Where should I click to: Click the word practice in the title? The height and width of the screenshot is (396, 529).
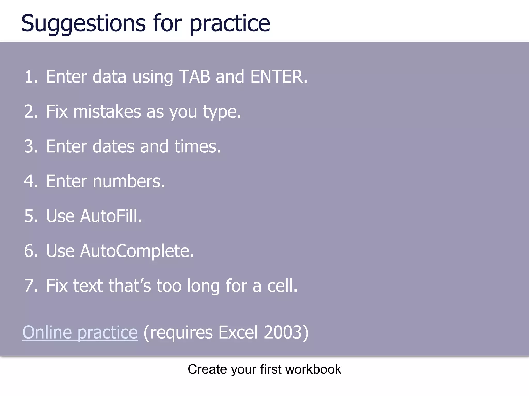pyautogui.click(x=230, y=24)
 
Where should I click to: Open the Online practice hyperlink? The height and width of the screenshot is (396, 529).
pyautogui.click(x=80, y=332)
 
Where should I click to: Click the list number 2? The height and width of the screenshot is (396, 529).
pyautogui.click(x=30, y=112)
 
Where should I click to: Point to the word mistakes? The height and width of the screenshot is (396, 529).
pyautogui.click(x=107, y=112)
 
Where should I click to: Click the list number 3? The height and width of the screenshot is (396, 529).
pyautogui.click(x=30, y=146)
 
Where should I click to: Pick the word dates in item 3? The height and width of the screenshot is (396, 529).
pyautogui.click(x=113, y=146)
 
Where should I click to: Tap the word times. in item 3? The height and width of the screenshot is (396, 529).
pyautogui.click(x=198, y=146)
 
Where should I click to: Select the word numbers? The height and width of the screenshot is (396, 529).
pyautogui.click(x=129, y=181)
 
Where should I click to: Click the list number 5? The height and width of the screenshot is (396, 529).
pyautogui.click(x=30, y=216)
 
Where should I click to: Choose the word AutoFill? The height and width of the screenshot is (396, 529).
pyautogui.click(x=111, y=216)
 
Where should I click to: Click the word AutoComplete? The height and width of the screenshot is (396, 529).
pyautogui.click(x=137, y=251)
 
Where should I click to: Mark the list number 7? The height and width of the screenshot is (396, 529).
pyautogui.click(x=30, y=286)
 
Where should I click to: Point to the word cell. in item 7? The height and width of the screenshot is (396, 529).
pyautogui.click(x=282, y=286)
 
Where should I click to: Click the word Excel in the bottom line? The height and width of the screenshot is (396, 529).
pyautogui.click(x=238, y=332)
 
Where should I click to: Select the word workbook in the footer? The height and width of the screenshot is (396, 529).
pyautogui.click(x=313, y=369)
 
